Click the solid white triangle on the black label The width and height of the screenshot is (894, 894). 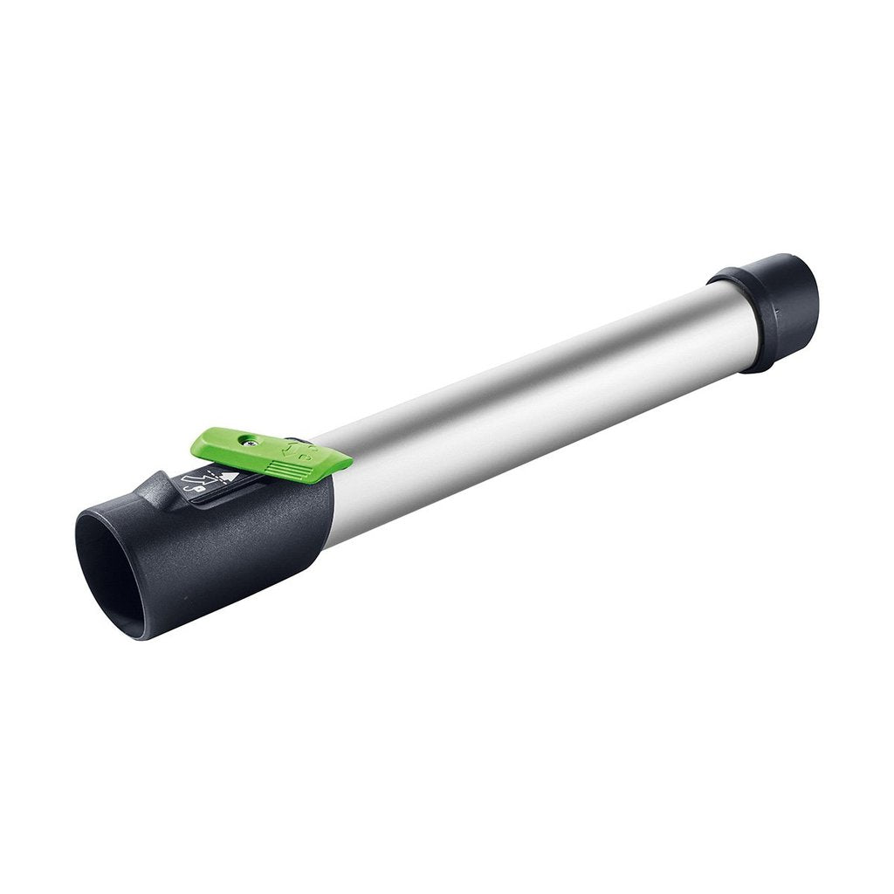[228, 477]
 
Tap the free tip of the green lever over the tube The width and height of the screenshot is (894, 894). [336, 461]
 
